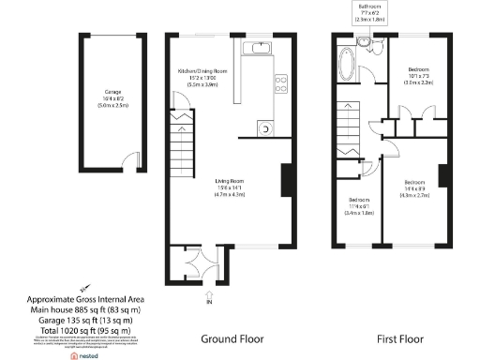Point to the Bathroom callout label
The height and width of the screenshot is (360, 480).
371,10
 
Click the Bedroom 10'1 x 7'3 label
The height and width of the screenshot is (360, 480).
417,75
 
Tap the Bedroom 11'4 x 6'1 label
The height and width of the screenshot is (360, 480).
361,206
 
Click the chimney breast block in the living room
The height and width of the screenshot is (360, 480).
287,180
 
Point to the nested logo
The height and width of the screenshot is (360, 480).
85,355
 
